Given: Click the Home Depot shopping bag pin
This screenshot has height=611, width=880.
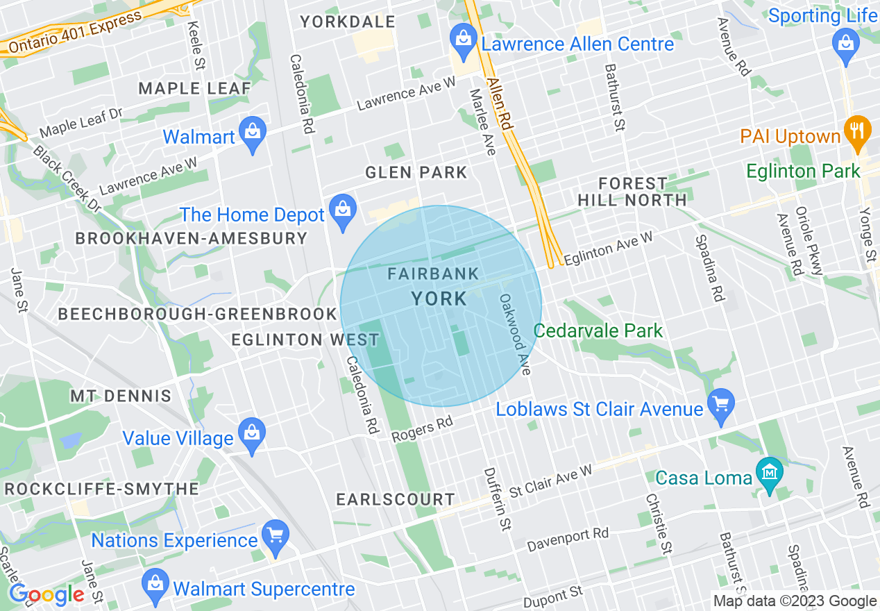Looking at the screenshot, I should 342,210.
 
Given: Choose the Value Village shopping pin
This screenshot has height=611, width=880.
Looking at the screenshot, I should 251,434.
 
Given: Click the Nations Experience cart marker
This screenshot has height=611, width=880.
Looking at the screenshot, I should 276,536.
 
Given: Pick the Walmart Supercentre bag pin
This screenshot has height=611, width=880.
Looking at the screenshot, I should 155,585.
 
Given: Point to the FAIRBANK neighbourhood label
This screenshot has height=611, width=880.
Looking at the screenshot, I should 433,274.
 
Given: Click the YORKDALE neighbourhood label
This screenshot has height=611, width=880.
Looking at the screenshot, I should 347,22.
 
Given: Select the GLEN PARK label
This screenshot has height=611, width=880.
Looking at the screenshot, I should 416,172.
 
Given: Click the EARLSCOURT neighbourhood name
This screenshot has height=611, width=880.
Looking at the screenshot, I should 395,499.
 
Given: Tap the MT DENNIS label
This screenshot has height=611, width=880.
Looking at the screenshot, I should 120,396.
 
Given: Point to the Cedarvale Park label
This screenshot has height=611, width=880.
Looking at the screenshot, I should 598,330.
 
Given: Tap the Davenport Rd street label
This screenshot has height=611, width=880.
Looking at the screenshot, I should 567,540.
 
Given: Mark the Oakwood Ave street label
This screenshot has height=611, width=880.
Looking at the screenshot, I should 515,334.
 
